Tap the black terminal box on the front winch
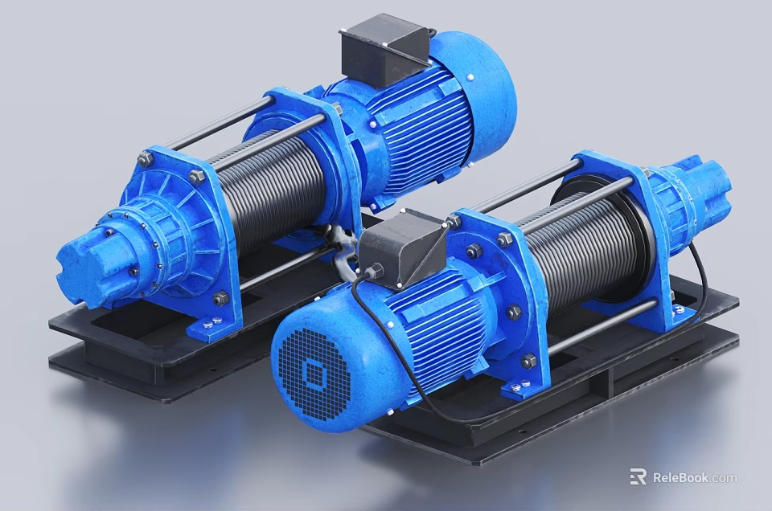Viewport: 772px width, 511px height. point(401,247)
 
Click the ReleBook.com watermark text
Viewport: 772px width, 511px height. point(694,477)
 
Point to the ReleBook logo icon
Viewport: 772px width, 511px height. point(638,477)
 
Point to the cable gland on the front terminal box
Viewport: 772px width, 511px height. point(372,272)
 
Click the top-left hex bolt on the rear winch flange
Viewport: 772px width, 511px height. point(146,159)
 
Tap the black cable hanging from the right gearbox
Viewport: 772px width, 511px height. point(701,273)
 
